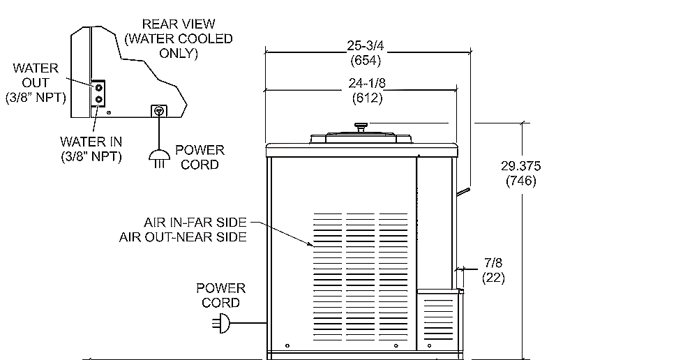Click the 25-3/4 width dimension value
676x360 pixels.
click(x=366, y=46)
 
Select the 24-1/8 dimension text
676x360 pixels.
click(x=366, y=84)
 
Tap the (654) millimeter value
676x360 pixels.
click(x=366, y=61)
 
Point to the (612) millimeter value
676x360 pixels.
click(x=366, y=98)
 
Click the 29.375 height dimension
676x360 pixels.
click(x=520, y=166)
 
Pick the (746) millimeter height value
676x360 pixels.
click(x=520, y=181)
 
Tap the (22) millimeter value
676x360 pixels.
click(x=493, y=277)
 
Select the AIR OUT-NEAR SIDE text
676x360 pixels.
click(x=183, y=237)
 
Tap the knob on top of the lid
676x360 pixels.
click(x=361, y=127)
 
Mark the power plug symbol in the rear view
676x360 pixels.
click(x=159, y=158)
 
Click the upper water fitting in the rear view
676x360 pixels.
click(x=99, y=88)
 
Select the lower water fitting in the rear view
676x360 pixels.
click(x=99, y=100)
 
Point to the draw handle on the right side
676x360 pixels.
click(x=463, y=190)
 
